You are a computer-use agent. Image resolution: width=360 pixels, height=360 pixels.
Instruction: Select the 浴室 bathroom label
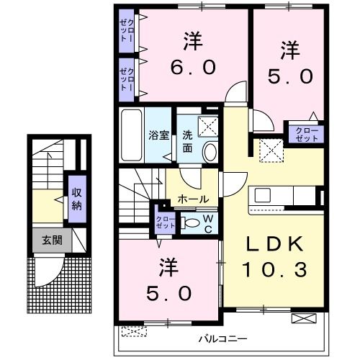158,135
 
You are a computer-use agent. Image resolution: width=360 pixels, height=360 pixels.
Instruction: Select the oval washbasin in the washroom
210,152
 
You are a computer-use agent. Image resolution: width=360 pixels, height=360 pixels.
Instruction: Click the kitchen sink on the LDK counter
261,196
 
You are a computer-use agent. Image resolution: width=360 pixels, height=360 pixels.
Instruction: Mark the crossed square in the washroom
207,125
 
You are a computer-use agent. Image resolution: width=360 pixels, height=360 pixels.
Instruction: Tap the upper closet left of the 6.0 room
127,31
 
